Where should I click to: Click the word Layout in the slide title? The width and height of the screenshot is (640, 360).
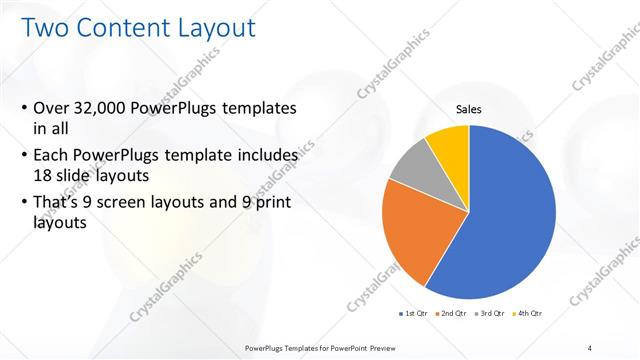(x=213, y=28)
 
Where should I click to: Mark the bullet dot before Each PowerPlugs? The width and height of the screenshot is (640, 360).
(x=24, y=156)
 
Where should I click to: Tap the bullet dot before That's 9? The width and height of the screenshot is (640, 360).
(x=24, y=203)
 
